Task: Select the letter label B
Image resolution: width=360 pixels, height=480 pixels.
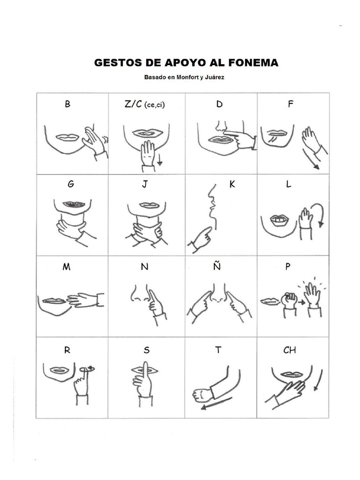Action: pyautogui.click(x=68, y=105)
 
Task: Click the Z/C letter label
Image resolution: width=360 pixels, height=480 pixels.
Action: pyautogui.click(x=133, y=105)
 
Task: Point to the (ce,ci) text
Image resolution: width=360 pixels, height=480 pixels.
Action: pyautogui.click(x=155, y=105)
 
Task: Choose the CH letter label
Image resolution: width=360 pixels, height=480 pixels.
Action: pyautogui.click(x=290, y=350)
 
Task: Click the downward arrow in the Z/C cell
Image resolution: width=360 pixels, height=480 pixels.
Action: pyautogui.click(x=159, y=161)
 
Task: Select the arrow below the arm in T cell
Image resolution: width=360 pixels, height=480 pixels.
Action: pyautogui.click(x=216, y=404)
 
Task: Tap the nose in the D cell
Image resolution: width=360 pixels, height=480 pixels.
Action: pyautogui.click(x=221, y=126)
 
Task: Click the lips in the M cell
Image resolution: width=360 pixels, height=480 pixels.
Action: pyautogui.click(x=54, y=301)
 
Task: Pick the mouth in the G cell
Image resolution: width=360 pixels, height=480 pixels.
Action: pyautogui.click(x=74, y=204)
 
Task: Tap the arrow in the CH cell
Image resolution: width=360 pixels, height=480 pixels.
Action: pyautogui.click(x=319, y=380)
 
